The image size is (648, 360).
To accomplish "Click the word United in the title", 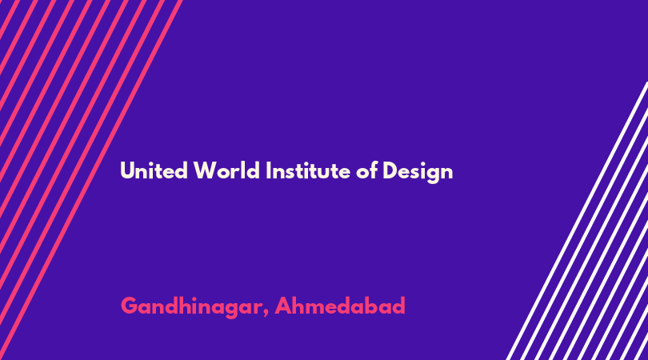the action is [154, 170].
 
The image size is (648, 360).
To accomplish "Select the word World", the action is [226, 170].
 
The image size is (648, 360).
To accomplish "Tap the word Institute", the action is [308, 170].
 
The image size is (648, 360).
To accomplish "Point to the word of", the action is [367, 170].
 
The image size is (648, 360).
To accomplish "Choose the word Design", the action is [418, 172].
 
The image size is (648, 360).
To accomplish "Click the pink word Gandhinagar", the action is [191, 307].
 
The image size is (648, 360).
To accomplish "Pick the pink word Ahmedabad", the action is [340, 306].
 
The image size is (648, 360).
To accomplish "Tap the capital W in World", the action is [205, 170].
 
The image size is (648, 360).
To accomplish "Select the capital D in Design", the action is [390, 170].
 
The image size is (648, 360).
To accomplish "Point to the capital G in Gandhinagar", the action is [130, 306].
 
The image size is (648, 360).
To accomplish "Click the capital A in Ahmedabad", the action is [283, 306].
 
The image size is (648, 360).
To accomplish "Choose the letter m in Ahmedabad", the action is [318, 309].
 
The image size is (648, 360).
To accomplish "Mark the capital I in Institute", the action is [268, 170].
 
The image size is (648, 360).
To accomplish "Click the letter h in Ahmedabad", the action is [301, 306].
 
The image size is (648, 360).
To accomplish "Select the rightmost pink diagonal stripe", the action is [91, 180].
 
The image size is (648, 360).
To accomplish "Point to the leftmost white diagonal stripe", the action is [578, 220].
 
